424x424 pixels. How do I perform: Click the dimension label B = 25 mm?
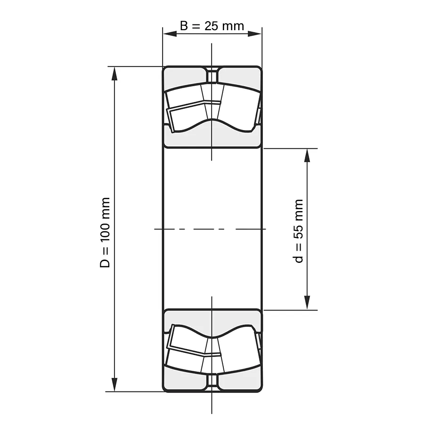pos(212,26)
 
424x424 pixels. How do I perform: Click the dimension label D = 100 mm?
pos(105,233)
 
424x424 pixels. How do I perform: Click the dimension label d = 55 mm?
pos(298,231)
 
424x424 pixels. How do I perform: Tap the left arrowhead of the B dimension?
pos(170,33)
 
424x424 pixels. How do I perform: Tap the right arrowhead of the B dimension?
pos(255,33)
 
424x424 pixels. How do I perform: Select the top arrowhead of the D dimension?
pos(114,73)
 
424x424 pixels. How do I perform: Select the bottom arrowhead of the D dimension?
pos(114,384)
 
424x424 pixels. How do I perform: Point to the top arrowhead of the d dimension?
pos(307,155)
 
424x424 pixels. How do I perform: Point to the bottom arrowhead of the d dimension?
pos(307,303)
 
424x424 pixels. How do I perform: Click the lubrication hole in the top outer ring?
pos(212,75)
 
